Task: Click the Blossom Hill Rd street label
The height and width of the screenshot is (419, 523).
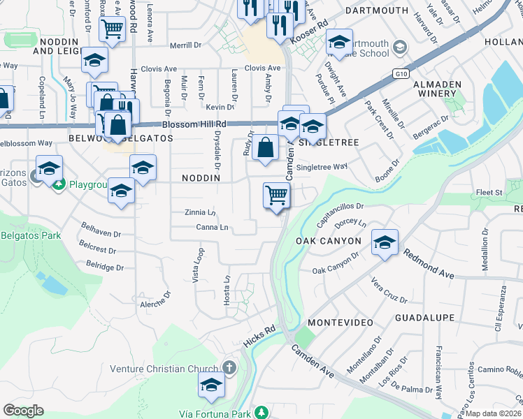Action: [194, 124]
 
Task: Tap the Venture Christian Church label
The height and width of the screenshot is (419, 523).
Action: [166, 369]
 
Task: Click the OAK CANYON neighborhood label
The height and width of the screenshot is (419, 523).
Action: [328, 241]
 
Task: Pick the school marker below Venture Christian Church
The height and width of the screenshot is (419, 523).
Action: [211, 384]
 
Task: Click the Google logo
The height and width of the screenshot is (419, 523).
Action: [23, 411]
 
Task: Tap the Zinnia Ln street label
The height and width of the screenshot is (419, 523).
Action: [199, 212]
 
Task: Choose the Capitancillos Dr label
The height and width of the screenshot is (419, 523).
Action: [341, 210]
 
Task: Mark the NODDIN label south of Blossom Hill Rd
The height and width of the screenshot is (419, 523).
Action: [201, 178]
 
